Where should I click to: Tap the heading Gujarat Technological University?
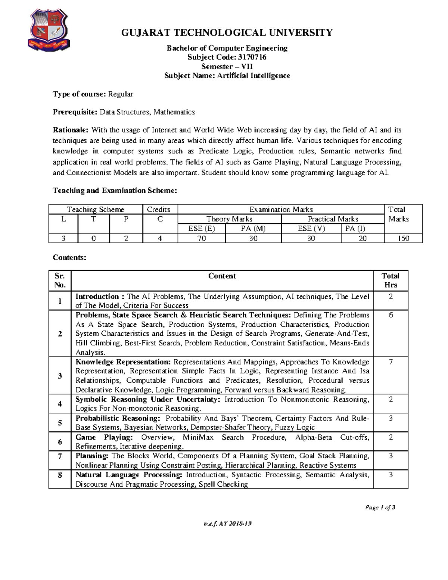[227, 33]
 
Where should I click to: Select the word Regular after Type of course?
[121, 94]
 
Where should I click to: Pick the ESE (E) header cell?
[202, 229]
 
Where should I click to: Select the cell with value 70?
[202, 238]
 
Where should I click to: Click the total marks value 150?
[403, 238]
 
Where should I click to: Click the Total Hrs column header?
[390, 280]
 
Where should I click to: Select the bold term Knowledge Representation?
[123, 362]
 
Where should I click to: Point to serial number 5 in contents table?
[60, 423]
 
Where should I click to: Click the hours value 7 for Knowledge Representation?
[391, 362]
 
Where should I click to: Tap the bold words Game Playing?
[104, 437]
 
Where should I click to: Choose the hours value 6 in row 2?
[391, 315]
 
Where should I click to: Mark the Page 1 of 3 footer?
[380, 508]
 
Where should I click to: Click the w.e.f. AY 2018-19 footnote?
[227, 524]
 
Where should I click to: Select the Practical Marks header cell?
[333, 219]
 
